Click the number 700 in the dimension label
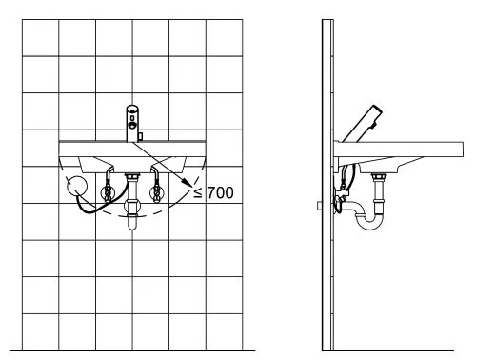click(x=221, y=192)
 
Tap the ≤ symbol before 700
click(x=198, y=192)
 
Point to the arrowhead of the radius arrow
click(x=188, y=183)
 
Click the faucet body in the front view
click(x=132, y=123)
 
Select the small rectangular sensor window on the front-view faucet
click(x=132, y=118)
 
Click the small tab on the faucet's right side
click(x=140, y=137)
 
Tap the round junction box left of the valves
click(x=77, y=186)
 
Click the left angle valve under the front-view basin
click(x=108, y=192)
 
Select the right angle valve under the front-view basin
click(x=156, y=192)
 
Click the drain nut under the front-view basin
click(x=132, y=175)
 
